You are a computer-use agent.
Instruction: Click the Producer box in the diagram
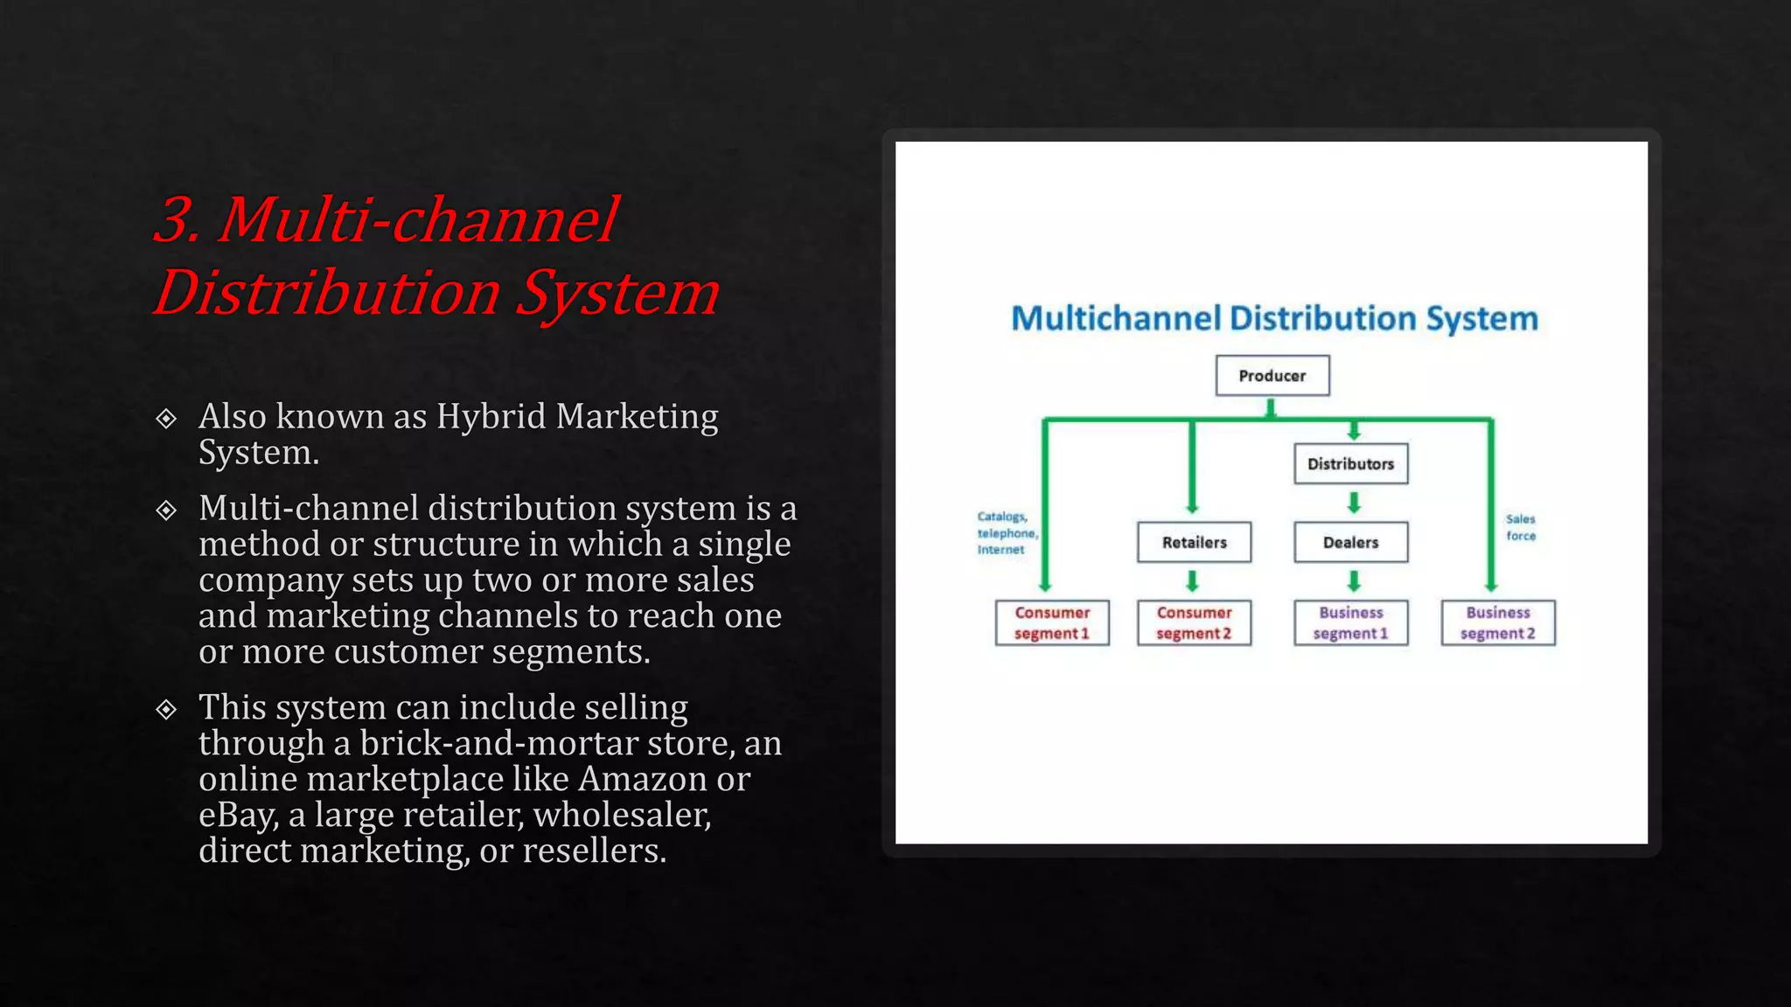click(x=1272, y=376)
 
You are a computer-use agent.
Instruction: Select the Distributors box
click(x=1350, y=464)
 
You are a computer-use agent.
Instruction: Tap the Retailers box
click(x=1194, y=543)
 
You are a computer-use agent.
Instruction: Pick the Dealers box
click(x=1350, y=543)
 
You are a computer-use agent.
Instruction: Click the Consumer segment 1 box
click(x=1052, y=623)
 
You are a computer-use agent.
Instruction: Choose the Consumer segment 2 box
click(x=1194, y=623)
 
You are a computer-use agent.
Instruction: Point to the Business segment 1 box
click(x=1350, y=623)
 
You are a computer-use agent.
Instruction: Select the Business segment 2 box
click(x=1498, y=623)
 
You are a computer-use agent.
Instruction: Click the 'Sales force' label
click(x=1521, y=527)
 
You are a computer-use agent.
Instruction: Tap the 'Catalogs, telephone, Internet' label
click(x=1006, y=533)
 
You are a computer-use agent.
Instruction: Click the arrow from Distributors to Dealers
click(x=1354, y=503)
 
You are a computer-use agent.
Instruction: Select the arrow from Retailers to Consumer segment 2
click(x=1192, y=581)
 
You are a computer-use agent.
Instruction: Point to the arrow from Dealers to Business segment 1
click(x=1354, y=581)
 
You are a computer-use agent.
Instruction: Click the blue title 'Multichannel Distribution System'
click(x=1274, y=319)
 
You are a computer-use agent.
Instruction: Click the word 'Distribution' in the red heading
click(x=327, y=293)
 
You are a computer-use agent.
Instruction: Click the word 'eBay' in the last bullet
click(x=238, y=816)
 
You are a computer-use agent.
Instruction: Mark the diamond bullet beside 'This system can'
click(x=166, y=709)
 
